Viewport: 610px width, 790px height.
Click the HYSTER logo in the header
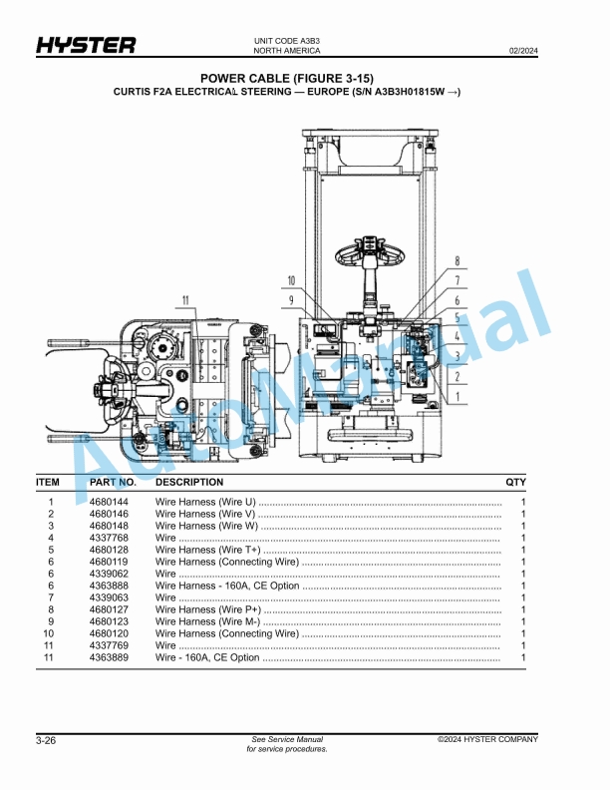click(x=86, y=46)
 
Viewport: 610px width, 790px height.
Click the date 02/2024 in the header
click(x=523, y=49)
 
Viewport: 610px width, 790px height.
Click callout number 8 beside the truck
click(x=456, y=261)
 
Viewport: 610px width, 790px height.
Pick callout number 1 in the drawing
click(x=456, y=395)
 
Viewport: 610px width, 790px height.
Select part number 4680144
click(x=109, y=502)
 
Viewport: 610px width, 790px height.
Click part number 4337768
click(x=109, y=538)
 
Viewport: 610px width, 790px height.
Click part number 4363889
click(x=109, y=657)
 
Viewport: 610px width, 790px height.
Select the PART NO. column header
click(x=112, y=482)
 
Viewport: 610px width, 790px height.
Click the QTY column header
click(x=515, y=482)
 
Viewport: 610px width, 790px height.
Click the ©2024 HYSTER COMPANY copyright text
click(x=487, y=739)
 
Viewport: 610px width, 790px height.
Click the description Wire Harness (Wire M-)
click(x=207, y=621)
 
